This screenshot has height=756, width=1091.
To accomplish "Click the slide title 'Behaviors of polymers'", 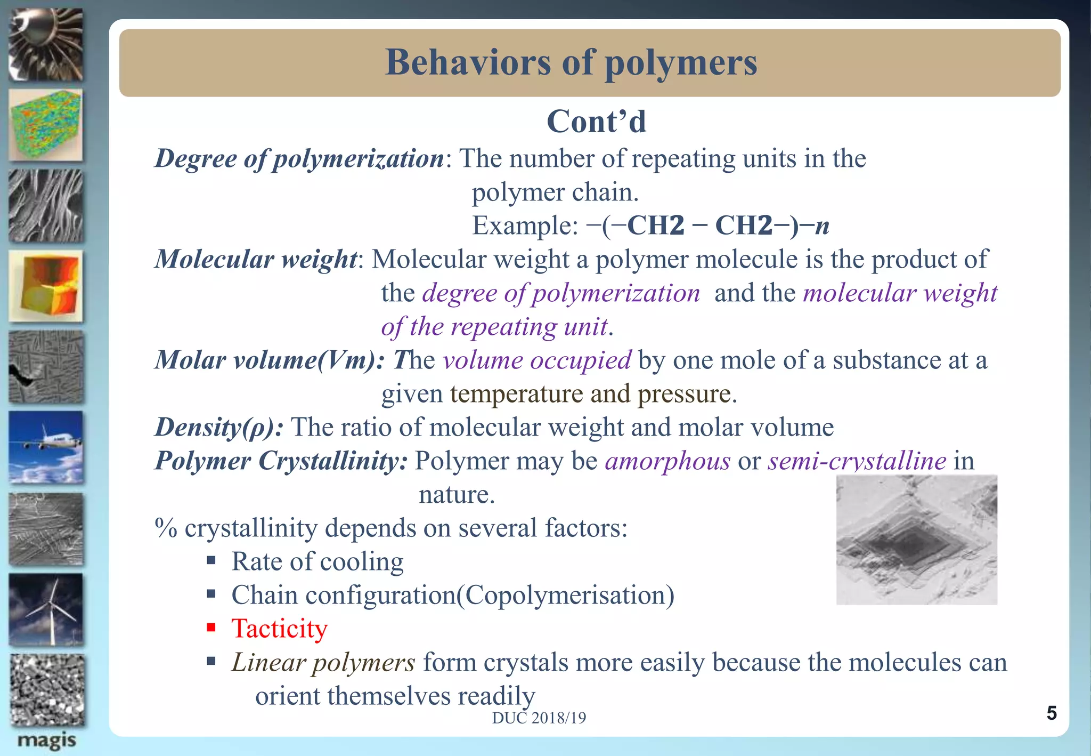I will click(571, 63).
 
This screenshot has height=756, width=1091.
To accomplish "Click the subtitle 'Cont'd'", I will click(596, 122).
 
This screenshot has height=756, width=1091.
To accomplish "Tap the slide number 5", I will click(1051, 713).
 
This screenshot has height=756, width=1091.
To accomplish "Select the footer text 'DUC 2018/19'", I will click(539, 718).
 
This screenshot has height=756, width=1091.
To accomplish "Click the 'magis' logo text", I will click(46, 741).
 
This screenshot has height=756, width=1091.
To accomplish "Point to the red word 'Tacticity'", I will click(279, 629).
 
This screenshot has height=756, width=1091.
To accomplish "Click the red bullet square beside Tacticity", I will click(211, 628).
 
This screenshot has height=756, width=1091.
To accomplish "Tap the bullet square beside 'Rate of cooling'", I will click(211, 560).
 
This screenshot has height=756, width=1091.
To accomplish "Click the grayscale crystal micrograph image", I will click(916, 540).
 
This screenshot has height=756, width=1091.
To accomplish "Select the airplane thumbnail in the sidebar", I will click(46, 447).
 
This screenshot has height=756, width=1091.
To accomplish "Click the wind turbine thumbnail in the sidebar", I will click(46, 609).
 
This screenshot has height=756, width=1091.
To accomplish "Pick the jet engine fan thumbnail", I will click(46, 45).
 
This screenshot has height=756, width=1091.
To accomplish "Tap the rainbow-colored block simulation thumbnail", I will click(46, 125).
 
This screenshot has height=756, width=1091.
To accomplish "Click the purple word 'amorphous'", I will click(667, 461).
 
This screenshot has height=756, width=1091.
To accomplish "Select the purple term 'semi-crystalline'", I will click(857, 461).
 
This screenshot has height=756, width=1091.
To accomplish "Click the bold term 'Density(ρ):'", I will click(219, 427).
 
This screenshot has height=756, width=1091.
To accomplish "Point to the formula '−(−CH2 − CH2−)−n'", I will click(707, 226).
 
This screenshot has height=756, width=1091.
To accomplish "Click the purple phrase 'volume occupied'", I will click(537, 360).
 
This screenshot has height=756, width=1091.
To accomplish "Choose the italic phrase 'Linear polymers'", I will click(323, 663).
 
